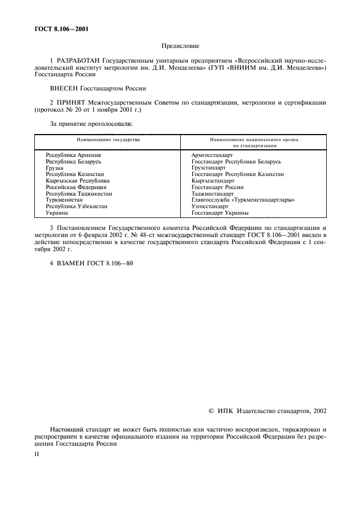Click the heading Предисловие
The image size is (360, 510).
(180, 46)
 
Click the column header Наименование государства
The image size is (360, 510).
(108, 140)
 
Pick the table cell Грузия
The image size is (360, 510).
(54, 168)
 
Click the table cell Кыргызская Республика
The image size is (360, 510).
(78, 180)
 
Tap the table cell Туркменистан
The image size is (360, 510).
(64, 200)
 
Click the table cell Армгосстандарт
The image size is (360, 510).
(212, 155)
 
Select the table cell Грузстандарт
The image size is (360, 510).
(209, 168)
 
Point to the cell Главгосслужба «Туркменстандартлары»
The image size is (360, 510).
(243, 200)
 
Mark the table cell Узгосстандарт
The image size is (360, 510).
(210, 207)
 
